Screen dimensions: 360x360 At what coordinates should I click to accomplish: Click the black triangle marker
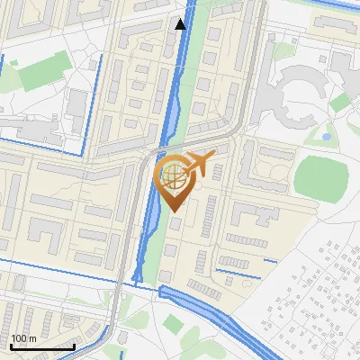pos(181,24)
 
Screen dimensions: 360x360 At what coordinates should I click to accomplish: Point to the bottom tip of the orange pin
pos(172,211)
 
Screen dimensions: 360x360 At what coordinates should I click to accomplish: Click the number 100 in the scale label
pos(18,338)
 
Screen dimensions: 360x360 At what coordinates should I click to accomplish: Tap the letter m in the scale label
pos(32,338)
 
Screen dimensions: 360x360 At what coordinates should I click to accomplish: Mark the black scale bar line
pos(41,346)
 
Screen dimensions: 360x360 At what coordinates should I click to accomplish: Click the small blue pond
pos(325,137)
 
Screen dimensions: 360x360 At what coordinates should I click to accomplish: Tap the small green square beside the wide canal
pos(174,323)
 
